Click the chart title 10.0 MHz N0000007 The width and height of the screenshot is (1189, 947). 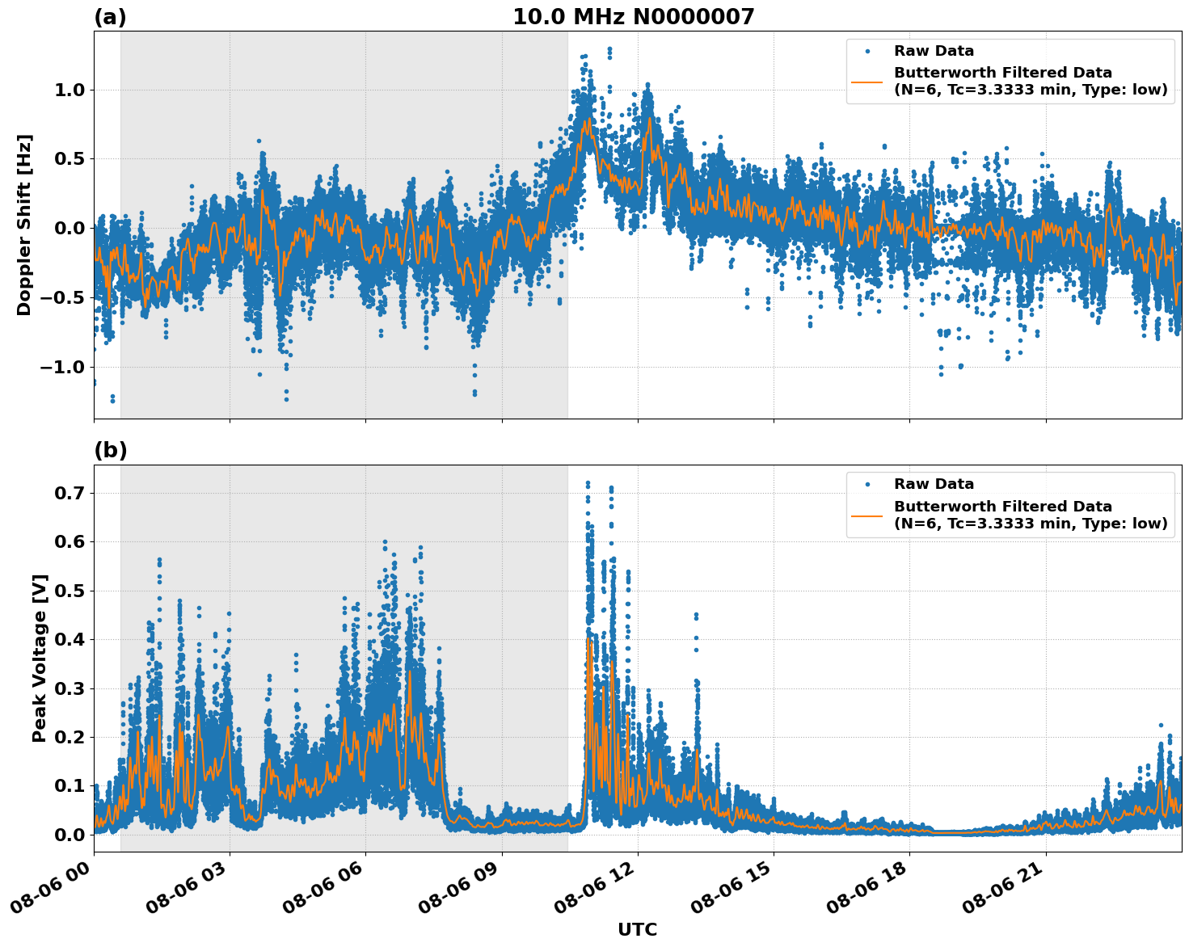[633, 17]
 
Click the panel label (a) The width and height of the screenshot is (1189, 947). [110, 17]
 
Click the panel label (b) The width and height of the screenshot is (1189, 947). [110, 451]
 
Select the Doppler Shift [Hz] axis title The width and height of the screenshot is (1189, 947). [24, 225]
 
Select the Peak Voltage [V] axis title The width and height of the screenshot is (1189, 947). [40, 658]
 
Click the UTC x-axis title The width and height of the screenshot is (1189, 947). [637, 930]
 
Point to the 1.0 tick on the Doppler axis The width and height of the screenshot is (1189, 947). [70, 90]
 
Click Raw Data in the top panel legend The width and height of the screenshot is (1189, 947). [934, 52]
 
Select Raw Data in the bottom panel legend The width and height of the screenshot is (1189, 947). [934, 485]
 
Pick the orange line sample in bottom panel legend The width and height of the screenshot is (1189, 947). [867, 515]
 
